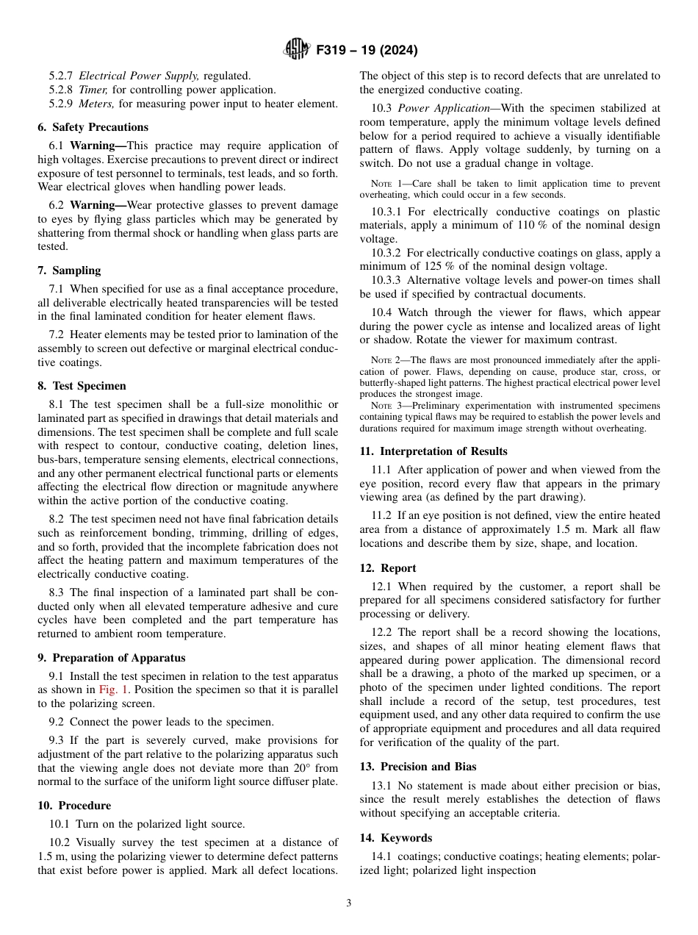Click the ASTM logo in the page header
296,50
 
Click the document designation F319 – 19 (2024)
367,51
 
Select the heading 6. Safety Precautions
93,127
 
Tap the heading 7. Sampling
69,271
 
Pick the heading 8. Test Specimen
82,386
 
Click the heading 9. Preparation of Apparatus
111,658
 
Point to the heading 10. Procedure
74,806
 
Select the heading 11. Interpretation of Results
433,451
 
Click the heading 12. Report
388,568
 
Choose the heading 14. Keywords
396,838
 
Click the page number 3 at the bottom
349,903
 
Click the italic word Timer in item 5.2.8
93,90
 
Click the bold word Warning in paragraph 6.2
98,206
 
